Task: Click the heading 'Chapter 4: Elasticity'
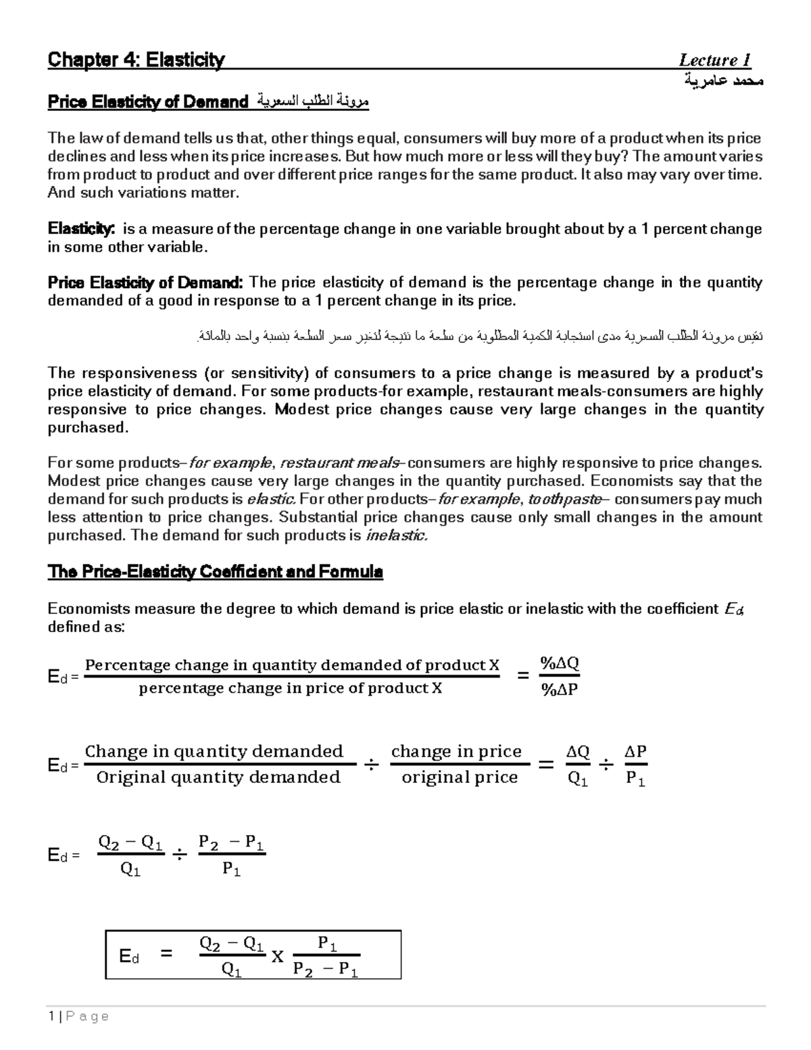(136, 60)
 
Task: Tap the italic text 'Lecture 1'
(714, 60)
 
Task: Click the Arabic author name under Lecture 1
(724, 81)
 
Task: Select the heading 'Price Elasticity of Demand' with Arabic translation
(208, 102)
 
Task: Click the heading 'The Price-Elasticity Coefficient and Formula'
(215, 572)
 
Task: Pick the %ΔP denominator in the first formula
(559, 690)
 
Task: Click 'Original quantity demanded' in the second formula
(218, 778)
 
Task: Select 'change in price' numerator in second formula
(456, 751)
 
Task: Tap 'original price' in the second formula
(460, 778)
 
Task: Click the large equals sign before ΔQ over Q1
(545, 765)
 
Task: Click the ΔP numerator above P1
(635, 751)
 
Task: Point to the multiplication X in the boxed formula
(277, 957)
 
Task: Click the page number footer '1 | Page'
(78, 1016)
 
